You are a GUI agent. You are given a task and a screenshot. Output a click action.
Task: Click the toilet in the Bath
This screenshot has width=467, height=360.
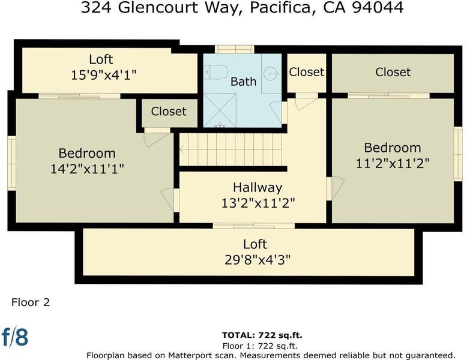point(216,72)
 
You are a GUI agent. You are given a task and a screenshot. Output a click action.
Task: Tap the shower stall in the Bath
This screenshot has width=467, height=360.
point(220,110)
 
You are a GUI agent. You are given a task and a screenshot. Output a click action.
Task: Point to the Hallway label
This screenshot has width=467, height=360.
point(258,188)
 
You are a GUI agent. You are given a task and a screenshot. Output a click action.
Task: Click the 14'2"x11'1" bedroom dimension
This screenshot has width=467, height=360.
point(87,169)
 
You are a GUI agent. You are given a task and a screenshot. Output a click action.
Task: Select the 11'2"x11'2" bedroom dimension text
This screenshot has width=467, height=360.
point(393,163)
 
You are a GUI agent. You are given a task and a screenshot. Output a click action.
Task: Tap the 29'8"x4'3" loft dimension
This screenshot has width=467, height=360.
point(258,260)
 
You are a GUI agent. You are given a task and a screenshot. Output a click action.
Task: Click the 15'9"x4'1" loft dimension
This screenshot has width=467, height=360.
point(104,75)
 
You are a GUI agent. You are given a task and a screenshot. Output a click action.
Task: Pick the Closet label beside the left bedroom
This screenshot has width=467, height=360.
point(169,112)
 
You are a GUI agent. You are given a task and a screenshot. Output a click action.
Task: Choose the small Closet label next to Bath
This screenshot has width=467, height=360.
point(307,72)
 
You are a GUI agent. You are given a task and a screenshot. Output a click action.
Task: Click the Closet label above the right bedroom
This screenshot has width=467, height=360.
point(393,72)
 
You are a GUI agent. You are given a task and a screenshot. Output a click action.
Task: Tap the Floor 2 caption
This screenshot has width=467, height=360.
point(31,302)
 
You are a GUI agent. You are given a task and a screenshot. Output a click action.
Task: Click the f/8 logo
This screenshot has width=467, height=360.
point(15,337)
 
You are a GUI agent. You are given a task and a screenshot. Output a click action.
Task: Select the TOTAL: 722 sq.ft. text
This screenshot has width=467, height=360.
point(262,335)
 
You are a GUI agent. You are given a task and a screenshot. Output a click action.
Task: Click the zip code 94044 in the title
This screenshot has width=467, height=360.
point(378,7)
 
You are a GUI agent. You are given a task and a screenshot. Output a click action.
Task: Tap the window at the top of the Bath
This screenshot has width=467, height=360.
point(234,49)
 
